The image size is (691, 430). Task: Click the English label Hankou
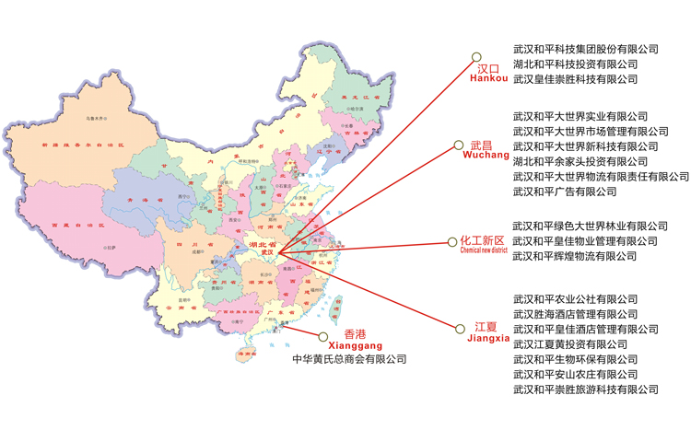[x=488, y=79]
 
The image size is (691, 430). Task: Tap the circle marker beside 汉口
[x=476, y=57]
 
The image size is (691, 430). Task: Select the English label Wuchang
[x=485, y=157]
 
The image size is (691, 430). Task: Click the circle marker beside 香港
[x=322, y=338]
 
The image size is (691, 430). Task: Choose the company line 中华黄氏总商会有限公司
[x=349, y=359]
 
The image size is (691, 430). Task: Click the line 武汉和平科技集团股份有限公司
[x=586, y=49]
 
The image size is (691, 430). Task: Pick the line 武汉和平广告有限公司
[x=565, y=192]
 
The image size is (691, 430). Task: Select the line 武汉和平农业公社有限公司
[x=575, y=299]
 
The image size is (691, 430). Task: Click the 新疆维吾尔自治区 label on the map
[x=76, y=145]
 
